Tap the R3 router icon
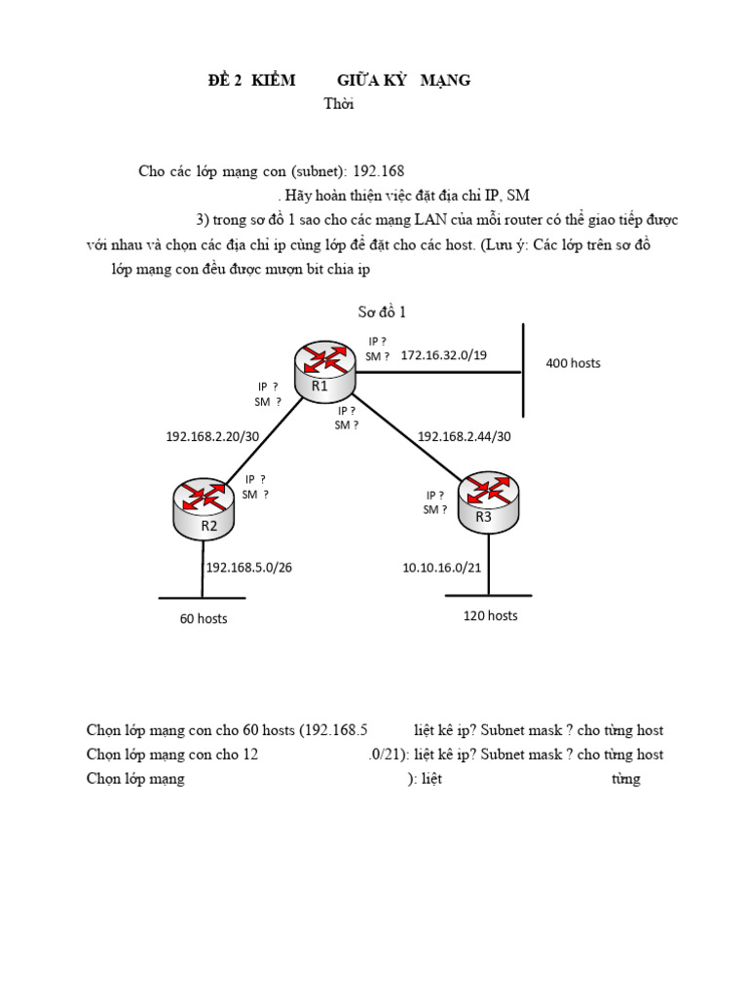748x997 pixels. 487,500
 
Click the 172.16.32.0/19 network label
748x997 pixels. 443,355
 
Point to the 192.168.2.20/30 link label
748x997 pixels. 212,436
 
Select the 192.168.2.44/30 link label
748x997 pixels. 464,436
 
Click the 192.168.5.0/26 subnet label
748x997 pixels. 249,567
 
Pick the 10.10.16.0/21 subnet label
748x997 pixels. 442,567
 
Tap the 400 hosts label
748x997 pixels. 573,363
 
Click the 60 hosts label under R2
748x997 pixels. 204,618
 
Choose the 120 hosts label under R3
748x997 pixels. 489,615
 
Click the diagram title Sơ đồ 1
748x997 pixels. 382,312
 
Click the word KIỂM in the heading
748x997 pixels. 273,80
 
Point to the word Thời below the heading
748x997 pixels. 339,104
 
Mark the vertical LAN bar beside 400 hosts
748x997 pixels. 524,370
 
